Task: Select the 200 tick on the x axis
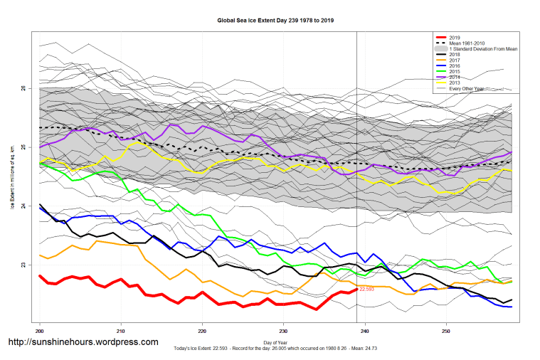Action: [x=40, y=331]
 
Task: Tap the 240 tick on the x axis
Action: [x=366, y=331]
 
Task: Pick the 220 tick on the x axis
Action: [x=203, y=331]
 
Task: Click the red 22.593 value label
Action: [x=367, y=290]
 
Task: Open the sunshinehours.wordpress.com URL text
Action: [x=83, y=342]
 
